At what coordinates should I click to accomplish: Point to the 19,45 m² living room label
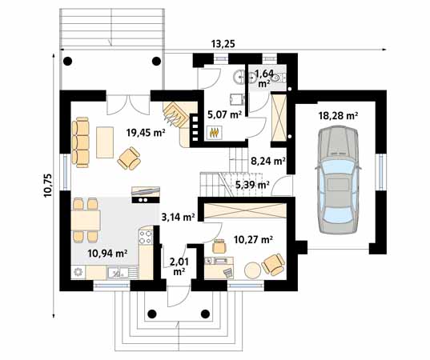coord(145,134)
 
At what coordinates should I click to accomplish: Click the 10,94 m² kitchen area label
coord(107,254)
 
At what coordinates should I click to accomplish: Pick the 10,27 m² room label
coord(253,239)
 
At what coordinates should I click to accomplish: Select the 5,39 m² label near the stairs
coord(251,186)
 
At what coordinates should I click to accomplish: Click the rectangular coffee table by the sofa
coord(105,142)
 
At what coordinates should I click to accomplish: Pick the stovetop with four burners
coord(146,236)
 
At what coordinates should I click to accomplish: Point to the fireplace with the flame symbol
coord(214,133)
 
